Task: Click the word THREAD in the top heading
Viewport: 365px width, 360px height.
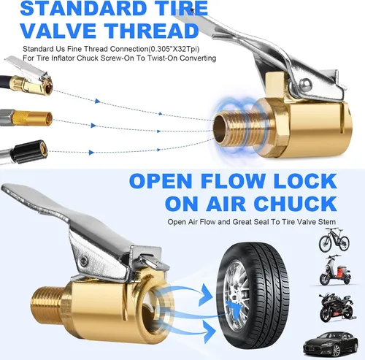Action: pyautogui.click(x=152, y=31)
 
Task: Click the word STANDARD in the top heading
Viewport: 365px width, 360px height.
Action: pyautogui.click(x=83, y=8)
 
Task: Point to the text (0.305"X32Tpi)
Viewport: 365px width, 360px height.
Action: pyautogui.click(x=174, y=49)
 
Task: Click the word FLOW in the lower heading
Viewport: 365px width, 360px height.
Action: pyautogui.click(x=232, y=181)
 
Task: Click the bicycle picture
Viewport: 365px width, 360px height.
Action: pyautogui.click(x=334, y=240)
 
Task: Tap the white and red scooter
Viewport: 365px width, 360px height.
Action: pyautogui.click(x=335, y=270)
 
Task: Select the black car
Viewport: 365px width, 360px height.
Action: pyautogui.click(x=331, y=343)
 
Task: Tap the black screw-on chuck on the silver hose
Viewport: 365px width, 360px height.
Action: pyautogui.click(x=29, y=151)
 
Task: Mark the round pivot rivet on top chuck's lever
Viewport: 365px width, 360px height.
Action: pyautogui.click(x=305, y=85)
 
